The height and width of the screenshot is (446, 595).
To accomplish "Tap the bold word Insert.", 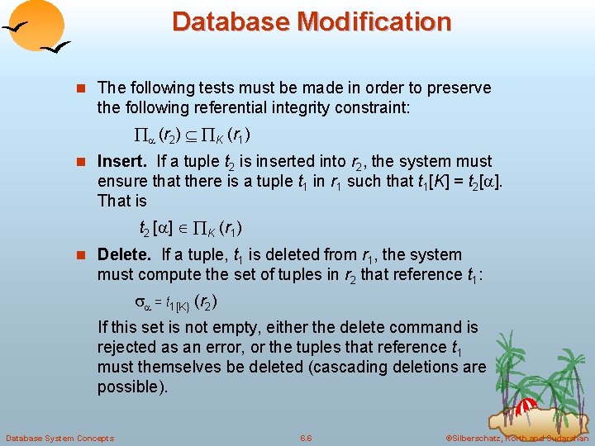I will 121,161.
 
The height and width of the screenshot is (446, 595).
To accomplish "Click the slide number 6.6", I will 306,438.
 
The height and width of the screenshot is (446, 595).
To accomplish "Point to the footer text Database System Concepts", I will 59,438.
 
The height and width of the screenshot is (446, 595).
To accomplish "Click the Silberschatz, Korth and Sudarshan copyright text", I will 516,438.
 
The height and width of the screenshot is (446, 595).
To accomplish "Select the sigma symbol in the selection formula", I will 140,302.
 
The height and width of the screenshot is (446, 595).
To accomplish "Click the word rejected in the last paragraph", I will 127,347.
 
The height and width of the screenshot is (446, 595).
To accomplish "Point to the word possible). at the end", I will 132,387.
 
